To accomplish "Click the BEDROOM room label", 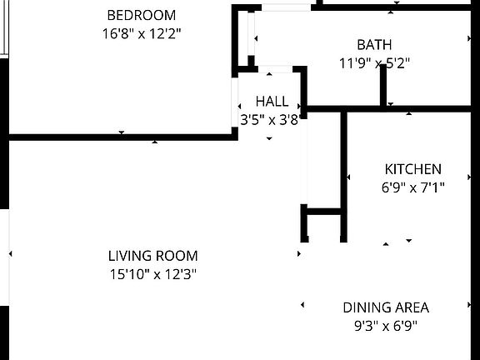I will [142, 15].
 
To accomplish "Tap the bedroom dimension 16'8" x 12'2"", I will [142, 33].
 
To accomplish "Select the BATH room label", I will [374, 44].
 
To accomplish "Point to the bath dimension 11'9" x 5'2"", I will [374, 62].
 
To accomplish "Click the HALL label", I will [272, 102].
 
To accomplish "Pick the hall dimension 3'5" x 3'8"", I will [269, 120].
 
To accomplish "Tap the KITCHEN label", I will [412, 169].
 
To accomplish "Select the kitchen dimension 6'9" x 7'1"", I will [412, 187].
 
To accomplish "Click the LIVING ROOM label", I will [152, 256].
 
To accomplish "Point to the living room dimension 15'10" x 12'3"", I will [152, 274].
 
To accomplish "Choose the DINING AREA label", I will [386, 307].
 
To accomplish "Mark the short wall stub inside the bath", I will [384, 85].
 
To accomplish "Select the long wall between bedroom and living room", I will [121, 136].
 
